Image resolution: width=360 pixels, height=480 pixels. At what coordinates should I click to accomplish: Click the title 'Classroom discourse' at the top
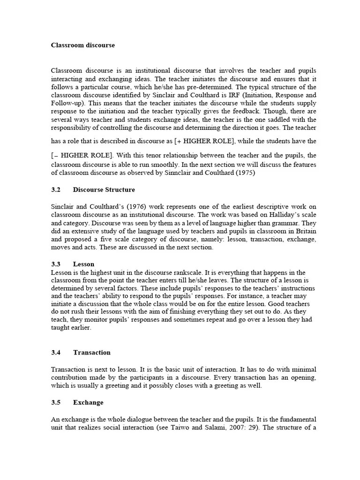82,45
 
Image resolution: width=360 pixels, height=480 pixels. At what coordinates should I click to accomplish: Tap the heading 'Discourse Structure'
104,190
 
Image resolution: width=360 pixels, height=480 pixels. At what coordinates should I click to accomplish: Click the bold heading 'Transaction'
92,352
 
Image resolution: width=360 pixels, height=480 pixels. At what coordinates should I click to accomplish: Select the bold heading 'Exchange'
88,403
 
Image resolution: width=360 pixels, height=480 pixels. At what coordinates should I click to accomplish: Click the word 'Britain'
305,231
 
